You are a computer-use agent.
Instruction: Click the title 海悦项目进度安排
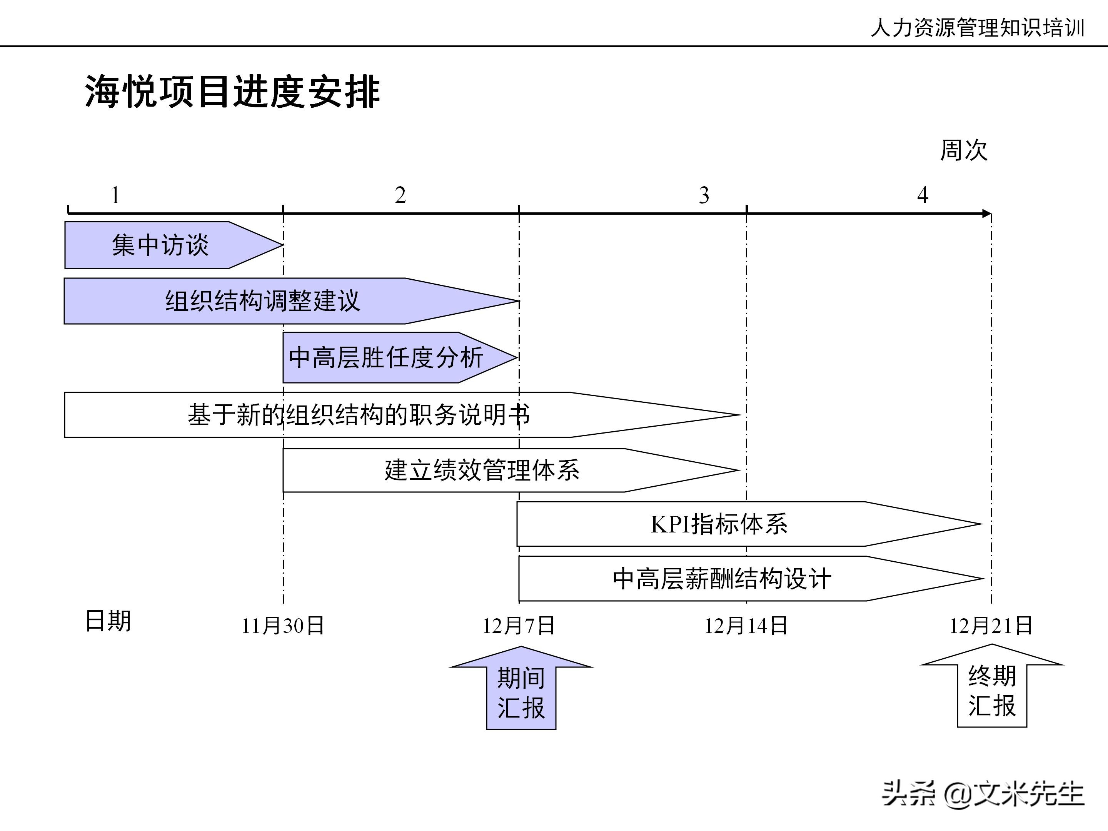coord(232,92)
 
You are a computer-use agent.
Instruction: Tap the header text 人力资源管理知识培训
coord(977,28)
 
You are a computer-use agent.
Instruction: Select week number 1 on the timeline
coord(115,195)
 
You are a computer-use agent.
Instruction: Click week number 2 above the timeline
coord(400,195)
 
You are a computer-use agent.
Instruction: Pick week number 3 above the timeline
coord(704,195)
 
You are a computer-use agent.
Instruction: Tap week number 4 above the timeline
coord(923,195)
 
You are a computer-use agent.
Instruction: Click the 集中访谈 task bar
coord(160,245)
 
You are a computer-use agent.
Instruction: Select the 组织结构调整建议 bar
coord(263,301)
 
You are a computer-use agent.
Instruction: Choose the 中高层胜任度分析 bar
coord(386,358)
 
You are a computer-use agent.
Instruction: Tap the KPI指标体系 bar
coord(719,524)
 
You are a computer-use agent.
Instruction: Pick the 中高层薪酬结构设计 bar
coord(721,579)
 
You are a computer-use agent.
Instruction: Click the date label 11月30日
coord(283,626)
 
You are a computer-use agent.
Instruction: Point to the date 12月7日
coord(519,626)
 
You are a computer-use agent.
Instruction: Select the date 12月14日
coord(746,626)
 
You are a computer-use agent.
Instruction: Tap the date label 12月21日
coord(991,626)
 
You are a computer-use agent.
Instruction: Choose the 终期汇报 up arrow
coord(992,690)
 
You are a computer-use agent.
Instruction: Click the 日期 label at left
coord(108,621)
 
